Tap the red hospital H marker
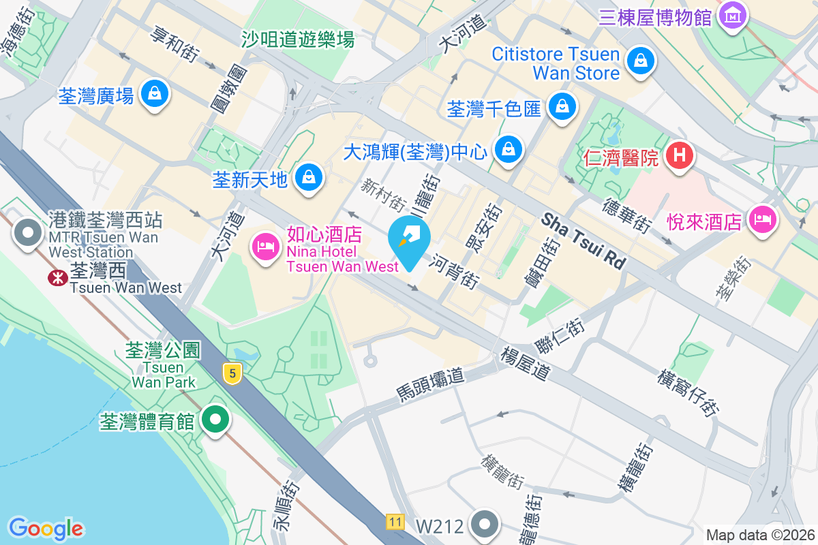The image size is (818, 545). (x=680, y=156)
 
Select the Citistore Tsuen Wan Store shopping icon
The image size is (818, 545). (x=641, y=61)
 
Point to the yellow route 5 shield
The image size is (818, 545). (x=233, y=373)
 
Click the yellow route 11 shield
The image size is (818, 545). (x=394, y=522)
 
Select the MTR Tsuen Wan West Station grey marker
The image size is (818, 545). (x=28, y=233)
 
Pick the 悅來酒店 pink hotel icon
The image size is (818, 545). (x=762, y=219)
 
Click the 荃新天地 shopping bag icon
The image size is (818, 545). (x=309, y=177)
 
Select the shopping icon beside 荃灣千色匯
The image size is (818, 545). (x=562, y=106)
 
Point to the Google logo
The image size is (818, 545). (x=46, y=529)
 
